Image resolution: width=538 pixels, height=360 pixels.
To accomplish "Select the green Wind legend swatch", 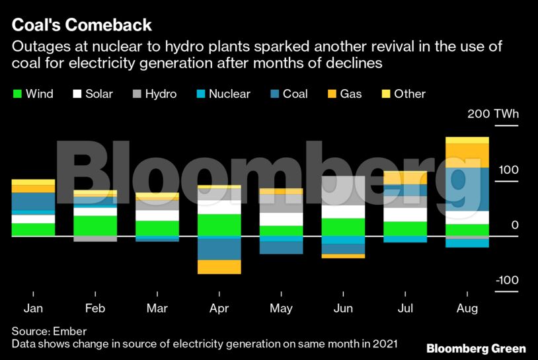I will (x=18, y=94).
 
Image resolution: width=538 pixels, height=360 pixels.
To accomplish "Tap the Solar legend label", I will (x=99, y=94).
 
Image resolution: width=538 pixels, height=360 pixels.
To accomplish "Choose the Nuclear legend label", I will (x=229, y=94).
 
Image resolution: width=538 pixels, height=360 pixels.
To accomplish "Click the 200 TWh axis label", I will (x=493, y=114).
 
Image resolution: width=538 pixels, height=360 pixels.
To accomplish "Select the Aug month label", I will (x=467, y=308).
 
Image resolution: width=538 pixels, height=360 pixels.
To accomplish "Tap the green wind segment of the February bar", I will (x=95, y=225).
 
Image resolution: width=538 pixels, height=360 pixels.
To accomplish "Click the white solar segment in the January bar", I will (x=33, y=219).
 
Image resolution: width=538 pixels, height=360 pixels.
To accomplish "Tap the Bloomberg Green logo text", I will (x=476, y=348).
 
